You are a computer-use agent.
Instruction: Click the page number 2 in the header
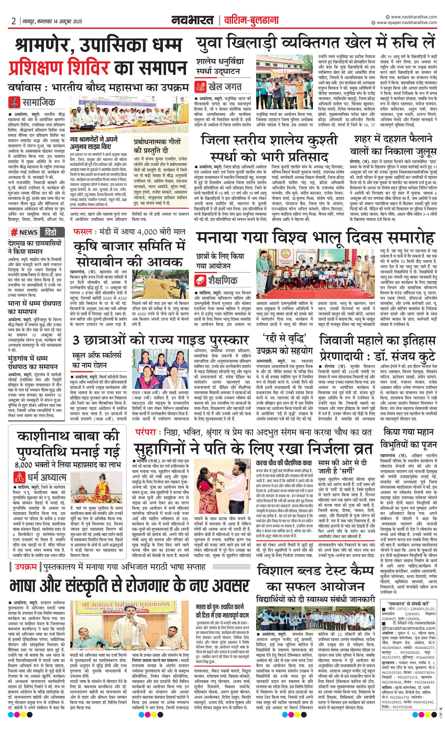pos(14,21)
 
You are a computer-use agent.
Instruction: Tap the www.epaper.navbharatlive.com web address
pos(407,23)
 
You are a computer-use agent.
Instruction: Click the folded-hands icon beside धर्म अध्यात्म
pos(20,477)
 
